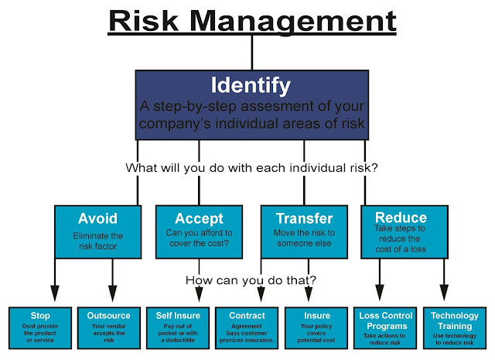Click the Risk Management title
pyautogui.click(x=252, y=21)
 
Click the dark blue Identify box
pyautogui.click(x=252, y=105)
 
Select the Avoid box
pyautogui.click(x=98, y=232)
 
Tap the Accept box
pyautogui.click(x=199, y=232)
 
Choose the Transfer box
pyautogui.click(x=304, y=232)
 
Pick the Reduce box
pyautogui.click(x=405, y=232)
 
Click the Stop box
pyautogui.click(x=40, y=327)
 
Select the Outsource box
pyautogui.click(x=109, y=327)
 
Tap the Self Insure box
pyautogui.click(x=178, y=327)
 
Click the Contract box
pyautogui.click(x=247, y=327)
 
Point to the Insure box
pyautogui.click(x=316, y=327)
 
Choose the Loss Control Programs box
pyautogui.click(x=385, y=327)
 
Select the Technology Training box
pyautogui.click(x=455, y=327)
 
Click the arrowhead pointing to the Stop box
pyautogui.click(x=55, y=293)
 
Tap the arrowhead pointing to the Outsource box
pyautogui.click(x=113, y=293)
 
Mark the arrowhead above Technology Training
pyautogui.click(x=444, y=293)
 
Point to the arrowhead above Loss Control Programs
pyautogui.click(x=380, y=293)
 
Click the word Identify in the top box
pyautogui.click(x=251, y=85)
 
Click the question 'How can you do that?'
pyautogui.click(x=251, y=280)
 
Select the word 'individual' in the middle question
pyautogui.click(x=318, y=167)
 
